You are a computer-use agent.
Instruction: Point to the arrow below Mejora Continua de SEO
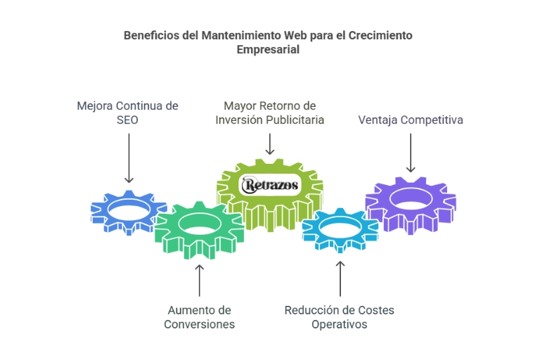point(128,158)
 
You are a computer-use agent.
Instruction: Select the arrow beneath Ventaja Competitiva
point(411,151)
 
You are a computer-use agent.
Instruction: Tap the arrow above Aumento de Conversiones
point(199,279)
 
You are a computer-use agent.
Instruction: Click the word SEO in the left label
point(127,120)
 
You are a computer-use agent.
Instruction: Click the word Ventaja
point(378,120)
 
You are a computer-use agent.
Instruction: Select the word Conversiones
point(200,324)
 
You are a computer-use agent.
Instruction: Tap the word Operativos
point(340,324)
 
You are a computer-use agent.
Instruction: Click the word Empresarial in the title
point(268,50)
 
